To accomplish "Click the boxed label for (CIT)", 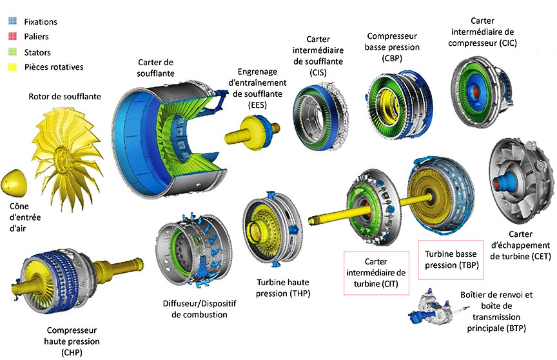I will coord(375,272).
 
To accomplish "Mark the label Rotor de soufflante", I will coord(64,97).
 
